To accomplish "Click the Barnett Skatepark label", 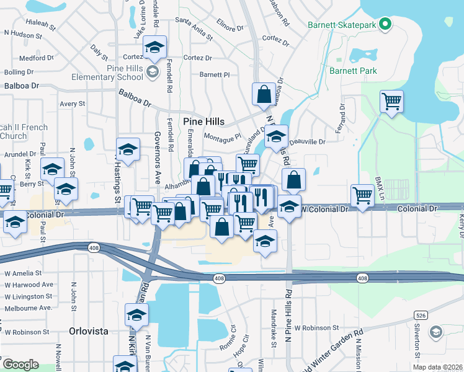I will click(x=342, y=25).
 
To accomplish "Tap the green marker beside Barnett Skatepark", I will click(x=385, y=25).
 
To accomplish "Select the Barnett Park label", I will click(x=353, y=71).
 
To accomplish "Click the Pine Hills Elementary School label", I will click(x=107, y=73).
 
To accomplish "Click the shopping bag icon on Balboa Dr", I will click(x=264, y=95).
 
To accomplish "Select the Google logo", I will click(x=20, y=364).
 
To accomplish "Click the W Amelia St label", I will click(x=23, y=273).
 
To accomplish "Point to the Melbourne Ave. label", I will click(x=29, y=308).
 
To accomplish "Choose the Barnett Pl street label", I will click(x=215, y=74).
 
